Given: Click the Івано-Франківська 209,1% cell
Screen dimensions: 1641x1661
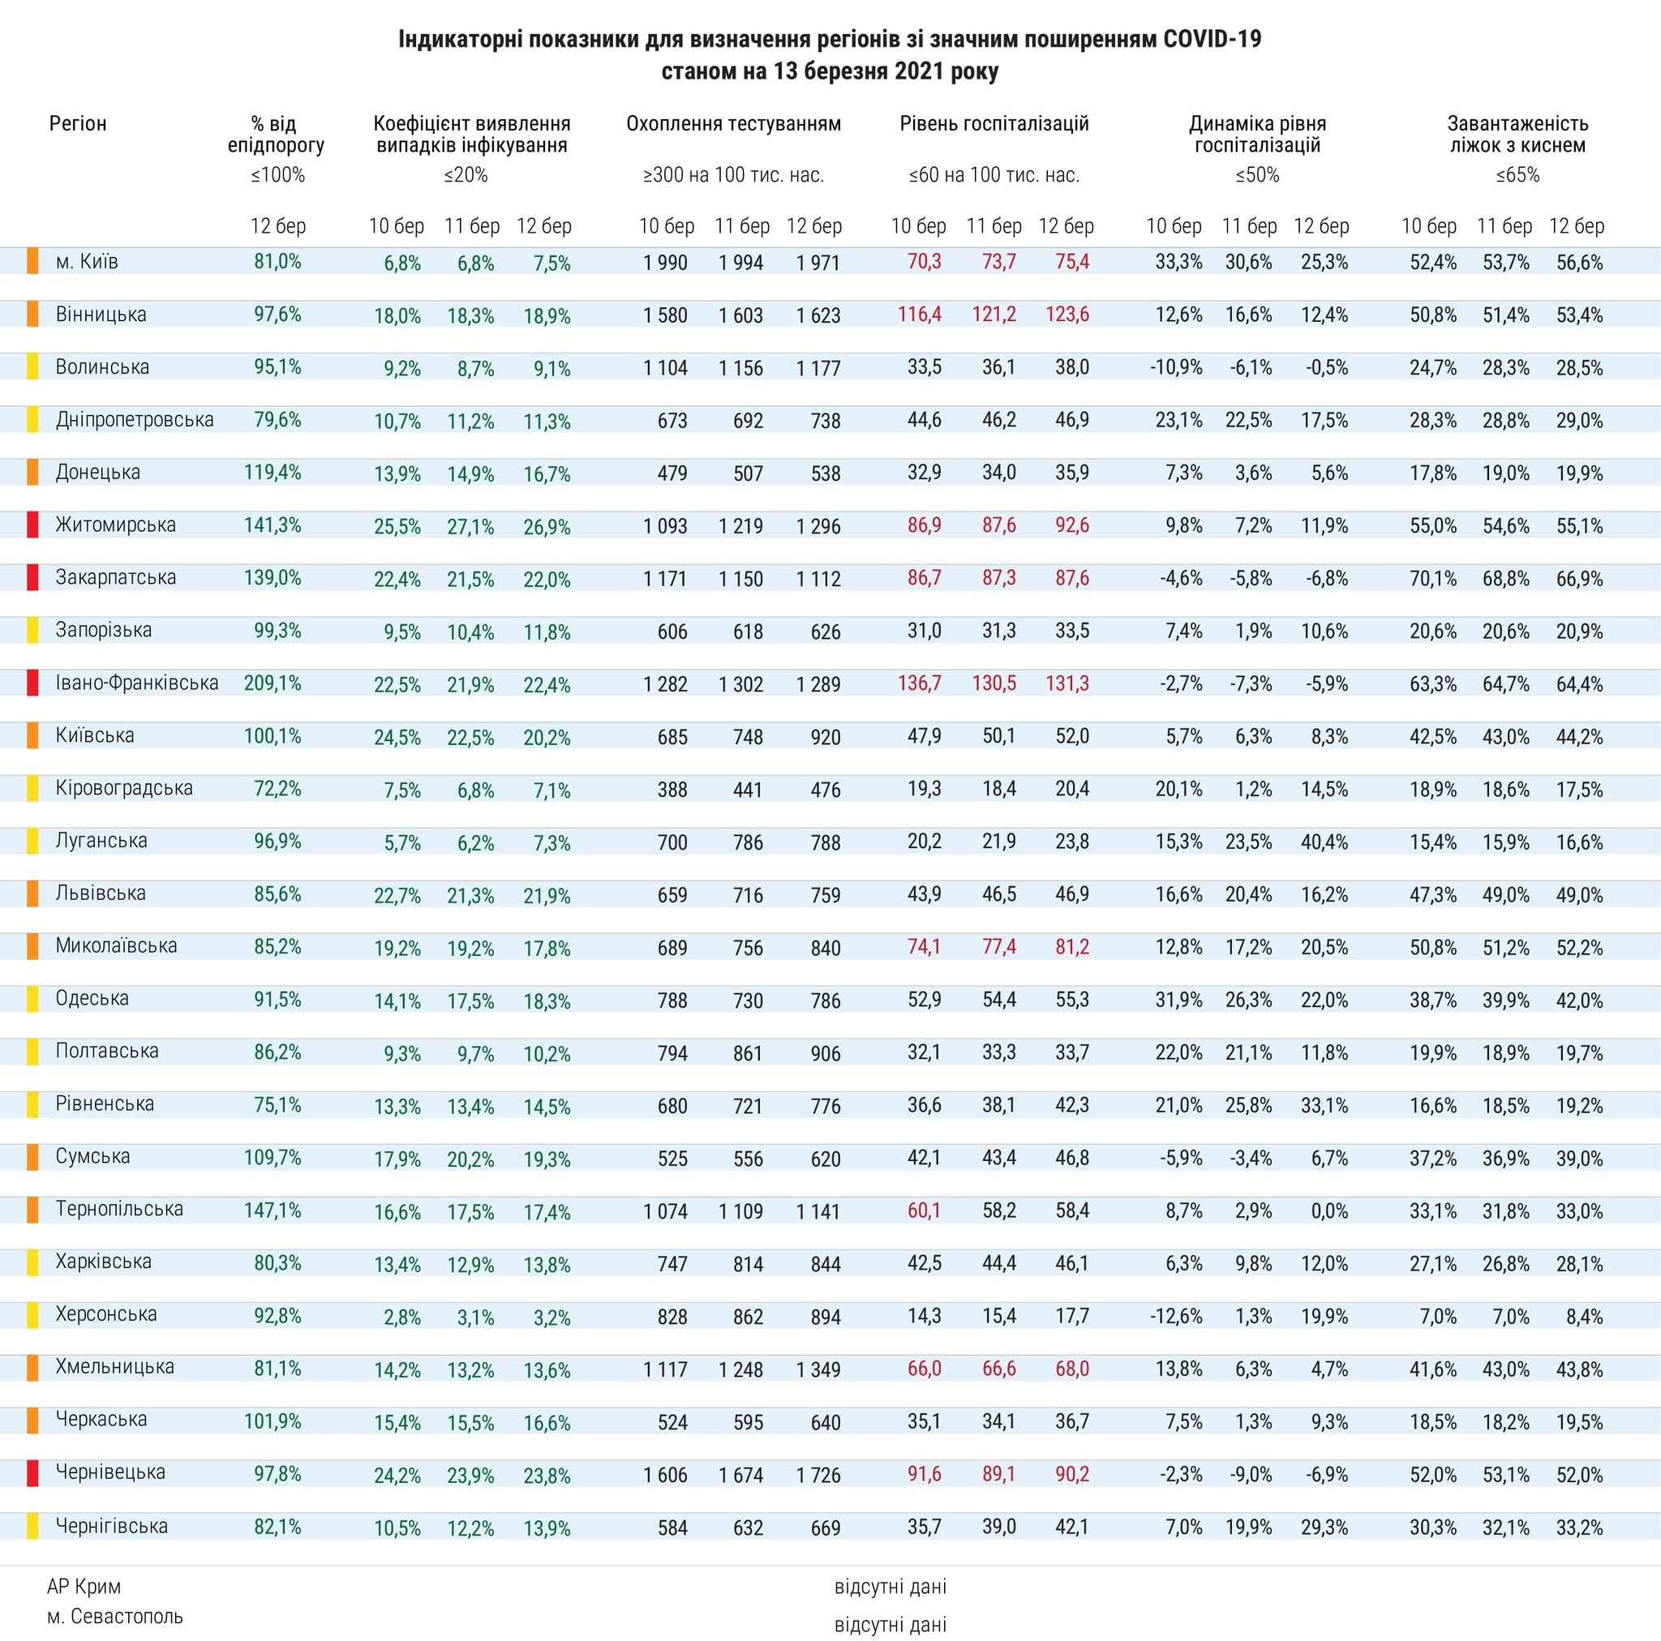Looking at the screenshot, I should pyautogui.click(x=273, y=683).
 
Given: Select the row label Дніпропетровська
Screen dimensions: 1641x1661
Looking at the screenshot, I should pyautogui.click(x=134, y=419).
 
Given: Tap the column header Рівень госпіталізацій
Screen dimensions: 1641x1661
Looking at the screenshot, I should pyautogui.click(x=994, y=124).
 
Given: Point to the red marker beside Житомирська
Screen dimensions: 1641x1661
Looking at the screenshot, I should pyautogui.click(x=32, y=525).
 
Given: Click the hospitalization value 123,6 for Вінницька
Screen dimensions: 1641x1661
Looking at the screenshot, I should pyautogui.click(x=1067, y=315).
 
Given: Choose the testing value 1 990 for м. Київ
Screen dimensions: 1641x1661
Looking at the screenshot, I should pyautogui.click(x=664, y=263).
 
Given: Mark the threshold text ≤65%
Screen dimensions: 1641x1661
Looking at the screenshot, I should pyautogui.click(x=1517, y=175).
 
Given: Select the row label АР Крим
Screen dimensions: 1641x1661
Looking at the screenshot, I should pyautogui.click(x=84, y=1586).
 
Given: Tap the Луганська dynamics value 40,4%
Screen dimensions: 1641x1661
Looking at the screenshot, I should pyautogui.click(x=1324, y=841).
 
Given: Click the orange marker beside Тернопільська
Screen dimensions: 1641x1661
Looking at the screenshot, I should pyautogui.click(x=32, y=1210).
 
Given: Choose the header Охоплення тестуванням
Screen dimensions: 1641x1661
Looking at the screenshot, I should pyautogui.click(x=733, y=124).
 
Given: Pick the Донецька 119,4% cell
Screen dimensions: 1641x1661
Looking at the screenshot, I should pyautogui.click(x=273, y=473).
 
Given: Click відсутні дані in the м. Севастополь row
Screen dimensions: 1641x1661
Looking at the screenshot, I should pyautogui.click(x=890, y=1625).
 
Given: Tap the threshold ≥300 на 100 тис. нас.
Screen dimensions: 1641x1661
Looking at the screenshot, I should pyautogui.click(x=733, y=175).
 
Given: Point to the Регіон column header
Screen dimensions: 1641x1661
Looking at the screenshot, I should pyautogui.click(x=78, y=124).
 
